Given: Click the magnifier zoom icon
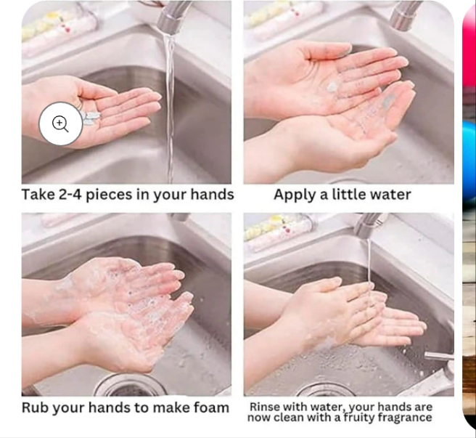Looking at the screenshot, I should pos(60,124).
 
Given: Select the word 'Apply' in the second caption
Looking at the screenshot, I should pos(295,195).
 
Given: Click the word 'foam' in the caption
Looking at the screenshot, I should pos(208,407).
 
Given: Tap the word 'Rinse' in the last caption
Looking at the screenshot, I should pos(266,406).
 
